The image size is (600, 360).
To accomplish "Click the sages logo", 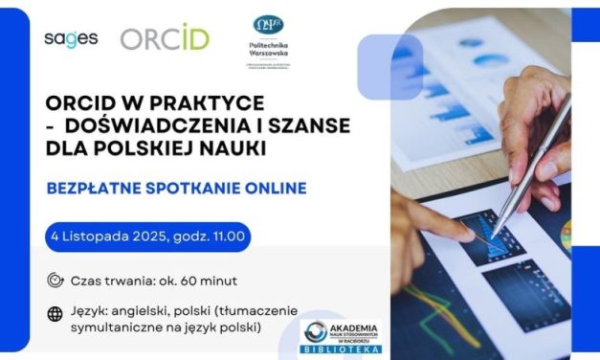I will click(70, 38).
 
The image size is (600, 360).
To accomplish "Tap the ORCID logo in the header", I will click(165, 37).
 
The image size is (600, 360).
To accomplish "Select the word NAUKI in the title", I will click(233, 149).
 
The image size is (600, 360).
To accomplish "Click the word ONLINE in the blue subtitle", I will click(271, 188).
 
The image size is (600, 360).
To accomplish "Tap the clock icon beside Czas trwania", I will click(55, 281).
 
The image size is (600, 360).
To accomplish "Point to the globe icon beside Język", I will click(55, 312).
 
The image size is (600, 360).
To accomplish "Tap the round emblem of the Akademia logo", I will click(313, 332).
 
